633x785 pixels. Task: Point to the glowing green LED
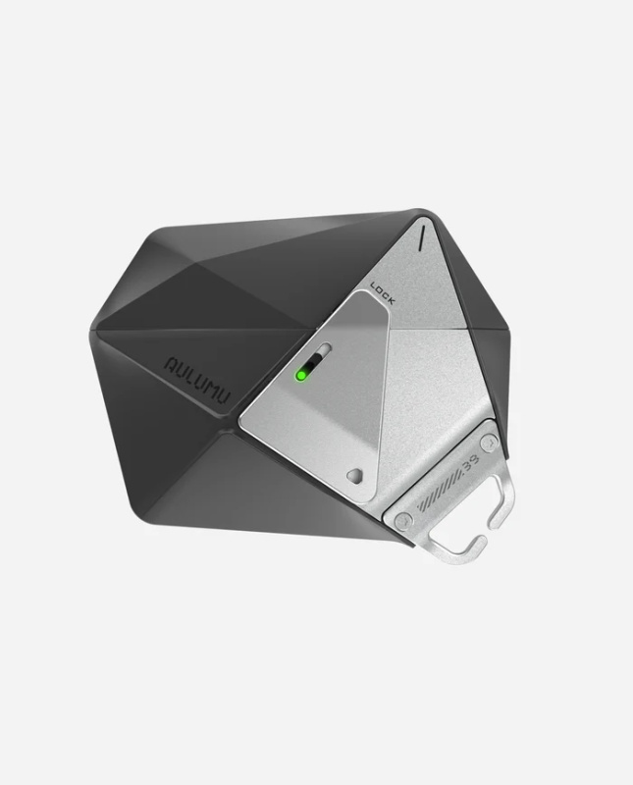[x=302, y=374]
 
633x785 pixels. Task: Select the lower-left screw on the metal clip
[x=403, y=520]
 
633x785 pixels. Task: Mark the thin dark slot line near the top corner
[x=422, y=238]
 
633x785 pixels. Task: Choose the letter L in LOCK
[x=375, y=287]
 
